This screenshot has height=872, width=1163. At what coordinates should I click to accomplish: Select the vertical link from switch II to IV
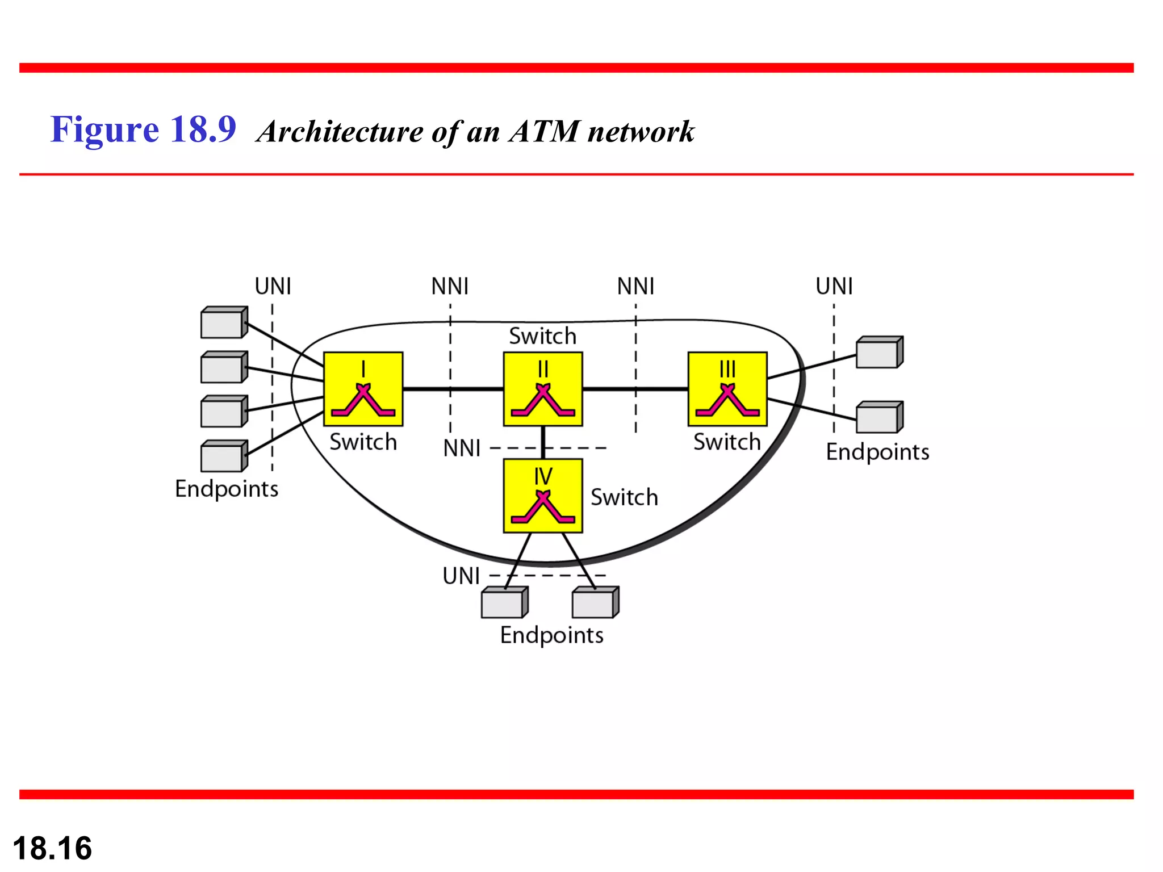click(x=543, y=442)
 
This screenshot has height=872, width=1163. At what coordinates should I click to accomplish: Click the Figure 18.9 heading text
click(x=143, y=129)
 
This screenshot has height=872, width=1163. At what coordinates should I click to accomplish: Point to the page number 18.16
click(x=52, y=848)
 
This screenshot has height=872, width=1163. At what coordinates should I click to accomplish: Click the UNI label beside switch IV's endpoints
click(x=461, y=576)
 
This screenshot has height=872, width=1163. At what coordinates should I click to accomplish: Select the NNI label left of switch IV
click(x=462, y=448)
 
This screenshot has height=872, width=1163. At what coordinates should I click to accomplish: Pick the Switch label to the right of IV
click(x=624, y=497)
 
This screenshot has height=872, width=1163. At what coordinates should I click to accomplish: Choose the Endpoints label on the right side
click(x=877, y=452)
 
